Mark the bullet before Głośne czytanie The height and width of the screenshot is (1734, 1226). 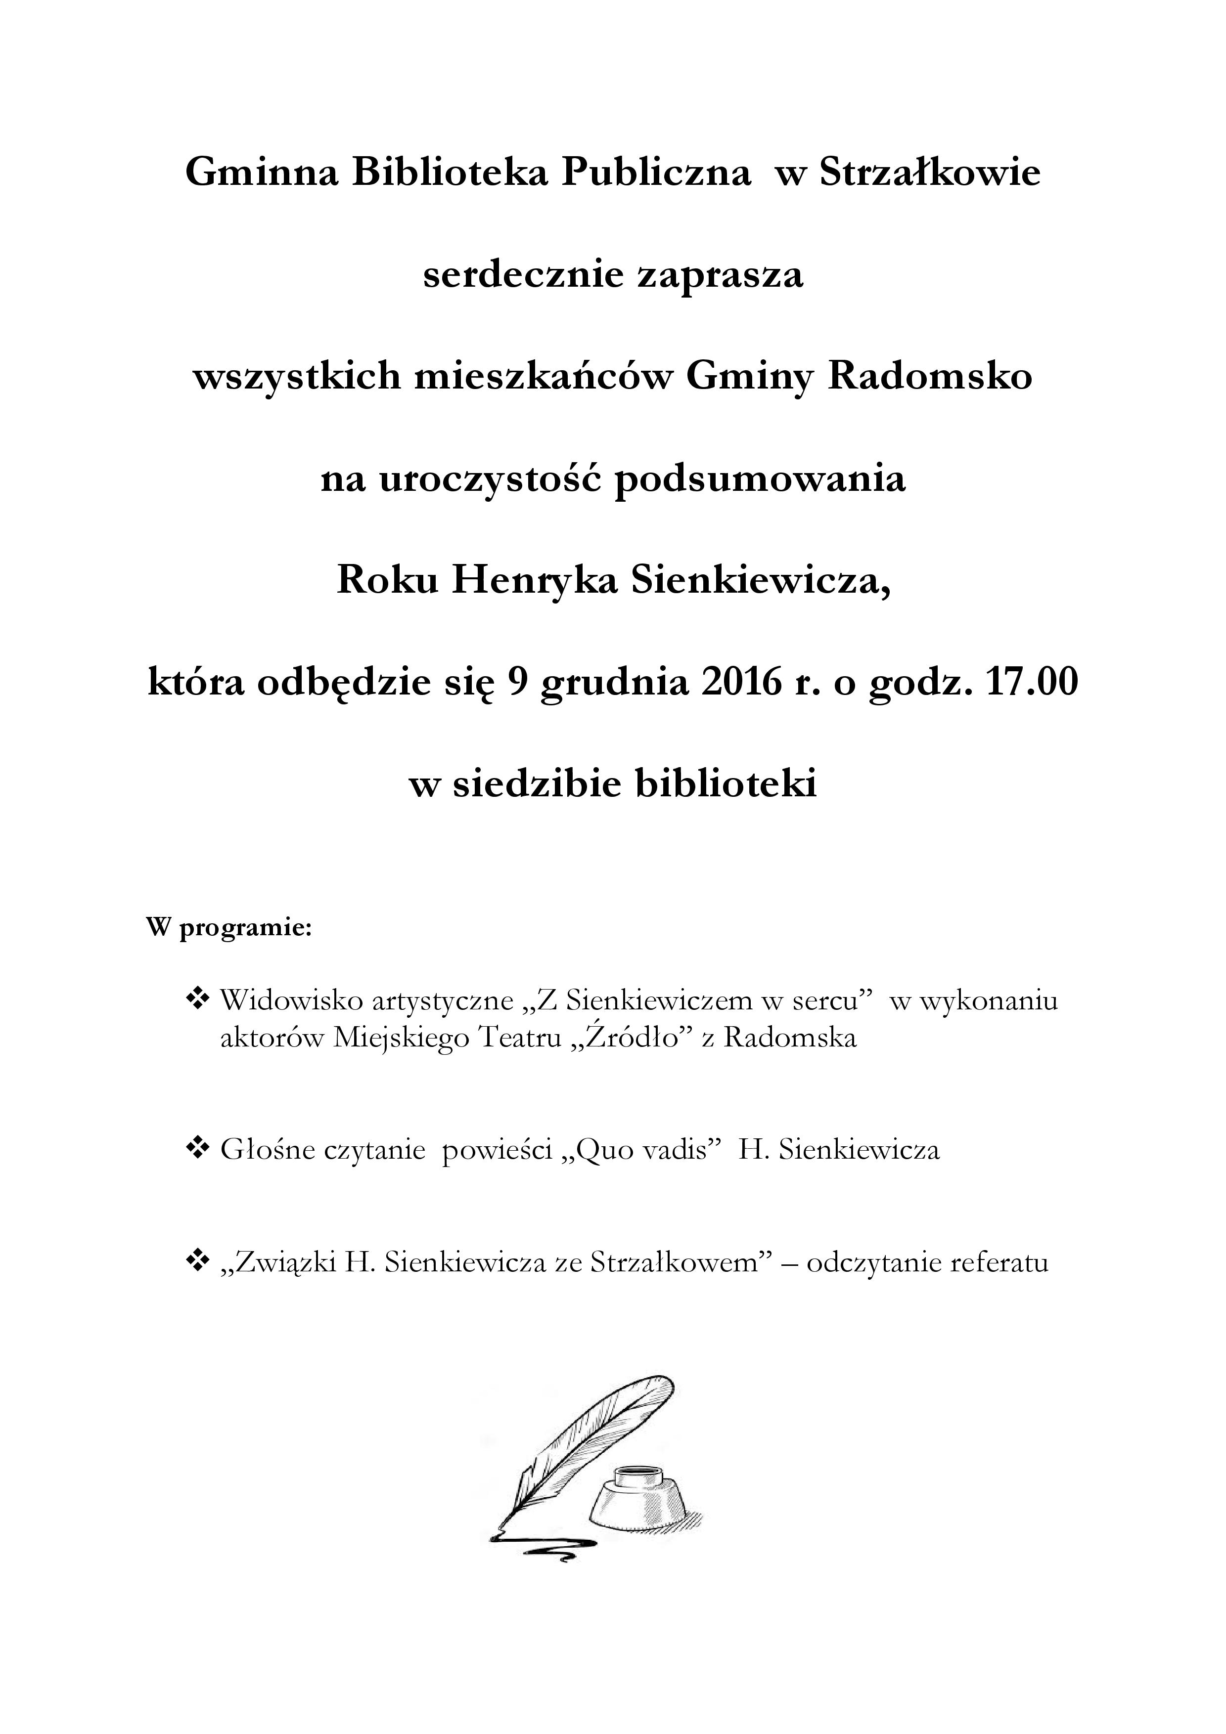[198, 1150]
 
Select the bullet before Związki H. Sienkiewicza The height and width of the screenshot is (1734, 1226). [198, 1262]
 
